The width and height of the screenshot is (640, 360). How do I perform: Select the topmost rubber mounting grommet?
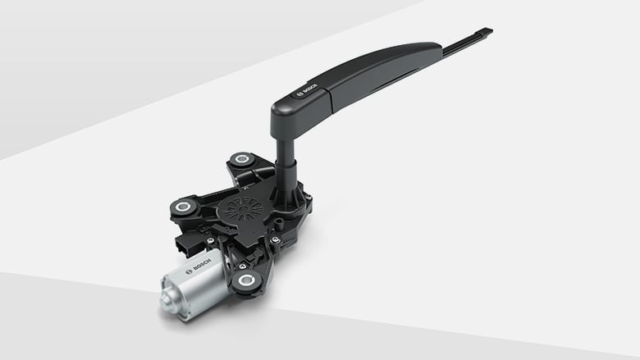[x=240, y=160]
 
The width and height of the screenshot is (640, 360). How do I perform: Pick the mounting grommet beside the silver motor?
[x=245, y=281]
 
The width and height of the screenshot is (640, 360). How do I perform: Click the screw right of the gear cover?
[x=277, y=239]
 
